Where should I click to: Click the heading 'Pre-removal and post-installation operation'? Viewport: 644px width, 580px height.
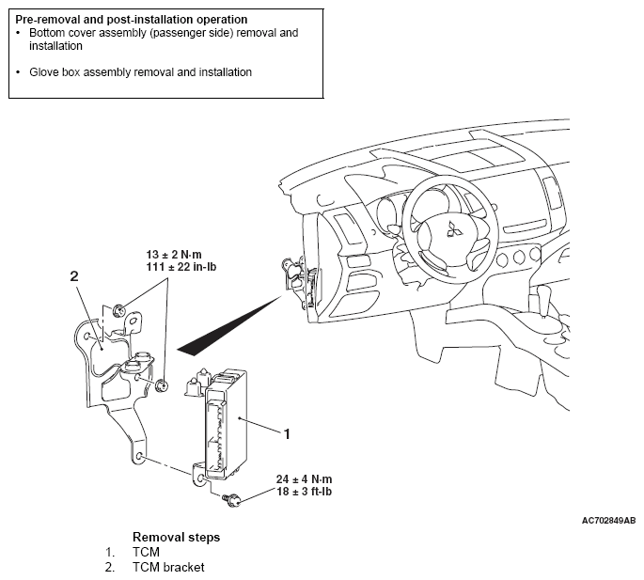(132, 19)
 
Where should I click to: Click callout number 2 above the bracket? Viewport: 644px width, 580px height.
(73, 276)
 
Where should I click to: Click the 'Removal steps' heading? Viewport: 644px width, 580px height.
(176, 538)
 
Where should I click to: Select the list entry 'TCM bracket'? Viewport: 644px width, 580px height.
(168, 567)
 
